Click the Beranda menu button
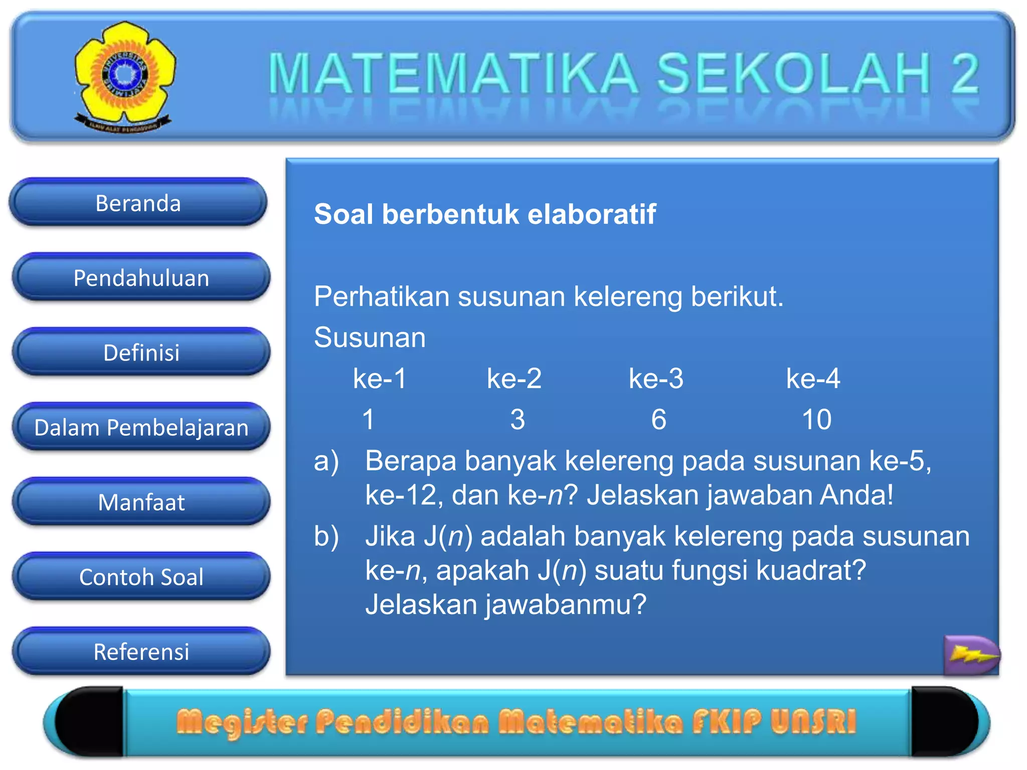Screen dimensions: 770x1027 pos(138,203)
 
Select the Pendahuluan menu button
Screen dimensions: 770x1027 pos(141,278)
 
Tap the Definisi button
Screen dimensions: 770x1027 pos(141,352)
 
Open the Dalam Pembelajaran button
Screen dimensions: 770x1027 pos(141,428)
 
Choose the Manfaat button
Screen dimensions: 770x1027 pos(141,502)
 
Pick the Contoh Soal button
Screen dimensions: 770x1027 pos(141,577)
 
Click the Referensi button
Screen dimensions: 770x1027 pos(141,652)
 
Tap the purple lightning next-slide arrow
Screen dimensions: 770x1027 pos(971,654)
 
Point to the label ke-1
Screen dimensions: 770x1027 pos(380,378)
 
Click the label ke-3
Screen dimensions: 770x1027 pos(656,378)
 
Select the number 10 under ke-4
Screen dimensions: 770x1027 pos(816,419)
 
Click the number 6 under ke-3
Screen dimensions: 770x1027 pos(658,419)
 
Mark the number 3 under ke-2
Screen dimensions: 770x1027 pos(518,419)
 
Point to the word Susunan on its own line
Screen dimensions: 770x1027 pos(370,337)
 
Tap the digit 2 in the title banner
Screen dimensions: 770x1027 pos(965,74)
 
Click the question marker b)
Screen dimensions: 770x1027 pos(326,536)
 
